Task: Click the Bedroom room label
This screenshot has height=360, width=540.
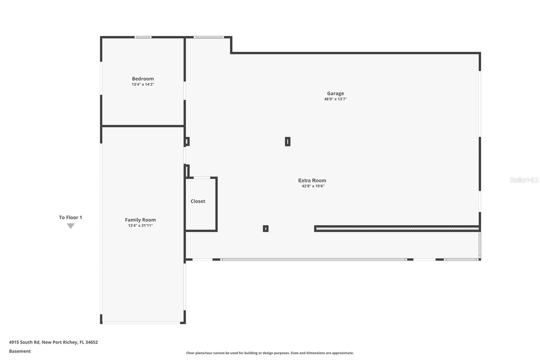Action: pos(143,79)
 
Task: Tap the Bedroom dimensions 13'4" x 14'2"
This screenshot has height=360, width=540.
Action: pos(143,84)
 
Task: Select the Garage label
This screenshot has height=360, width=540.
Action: pos(335,94)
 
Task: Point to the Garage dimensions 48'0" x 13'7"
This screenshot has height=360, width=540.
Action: pos(335,99)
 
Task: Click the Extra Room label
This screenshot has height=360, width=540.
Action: pos(312,181)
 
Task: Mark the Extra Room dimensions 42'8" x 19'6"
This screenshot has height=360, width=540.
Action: pos(313,186)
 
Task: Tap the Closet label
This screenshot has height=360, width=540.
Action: pos(198,201)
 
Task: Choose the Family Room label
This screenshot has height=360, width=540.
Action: pos(140,220)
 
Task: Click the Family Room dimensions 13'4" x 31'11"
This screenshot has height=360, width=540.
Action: pos(140,226)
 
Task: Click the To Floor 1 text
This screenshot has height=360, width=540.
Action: pos(71,217)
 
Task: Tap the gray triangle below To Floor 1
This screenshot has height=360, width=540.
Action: pos(71,226)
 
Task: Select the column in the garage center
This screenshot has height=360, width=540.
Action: pos(288,142)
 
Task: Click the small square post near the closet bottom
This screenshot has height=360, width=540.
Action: pos(266,229)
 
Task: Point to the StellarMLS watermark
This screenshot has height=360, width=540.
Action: pos(524,180)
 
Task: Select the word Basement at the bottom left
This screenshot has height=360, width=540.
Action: pos(20,351)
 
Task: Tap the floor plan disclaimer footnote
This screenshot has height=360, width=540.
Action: pos(270,353)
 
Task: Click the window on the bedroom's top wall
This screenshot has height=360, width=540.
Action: pos(143,37)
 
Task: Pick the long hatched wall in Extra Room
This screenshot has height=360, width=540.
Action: pos(397,229)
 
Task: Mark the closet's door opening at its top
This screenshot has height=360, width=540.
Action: pos(202,178)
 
